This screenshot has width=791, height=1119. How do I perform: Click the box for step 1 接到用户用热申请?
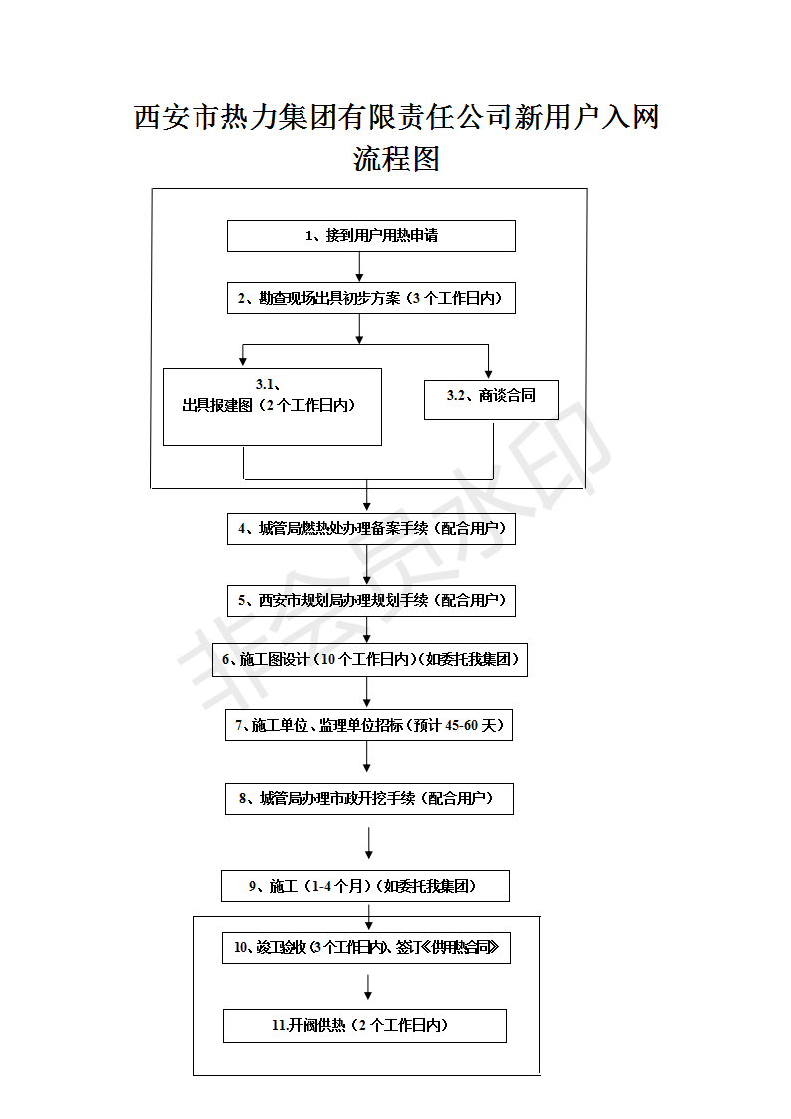[x=371, y=236]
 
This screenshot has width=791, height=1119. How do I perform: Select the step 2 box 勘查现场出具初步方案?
[x=371, y=298]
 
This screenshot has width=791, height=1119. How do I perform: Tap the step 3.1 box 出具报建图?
[x=271, y=406]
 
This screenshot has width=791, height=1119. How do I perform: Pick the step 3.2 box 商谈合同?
[x=490, y=398]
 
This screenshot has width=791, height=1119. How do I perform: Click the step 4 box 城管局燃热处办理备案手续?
[x=371, y=529]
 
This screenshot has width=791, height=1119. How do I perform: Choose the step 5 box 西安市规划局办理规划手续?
[x=371, y=600]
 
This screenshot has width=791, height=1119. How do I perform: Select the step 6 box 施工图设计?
[x=369, y=660]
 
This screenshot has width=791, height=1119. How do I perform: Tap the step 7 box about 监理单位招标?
[x=369, y=725]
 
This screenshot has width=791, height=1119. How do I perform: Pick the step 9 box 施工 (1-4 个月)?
[x=365, y=886]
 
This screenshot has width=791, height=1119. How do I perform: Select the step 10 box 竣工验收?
[x=366, y=948]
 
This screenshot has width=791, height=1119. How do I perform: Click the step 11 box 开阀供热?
[x=364, y=1026]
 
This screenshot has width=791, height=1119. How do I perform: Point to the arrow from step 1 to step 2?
[x=359, y=266]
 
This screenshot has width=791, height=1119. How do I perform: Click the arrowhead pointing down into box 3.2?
[x=488, y=371]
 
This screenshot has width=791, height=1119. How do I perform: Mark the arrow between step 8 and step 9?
[x=369, y=843]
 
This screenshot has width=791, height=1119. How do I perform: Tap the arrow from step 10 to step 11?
[x=369, y=987]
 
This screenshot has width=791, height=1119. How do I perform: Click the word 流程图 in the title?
[x=396, y=159]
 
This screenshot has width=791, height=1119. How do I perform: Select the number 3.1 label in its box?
[x=266, y=384]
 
